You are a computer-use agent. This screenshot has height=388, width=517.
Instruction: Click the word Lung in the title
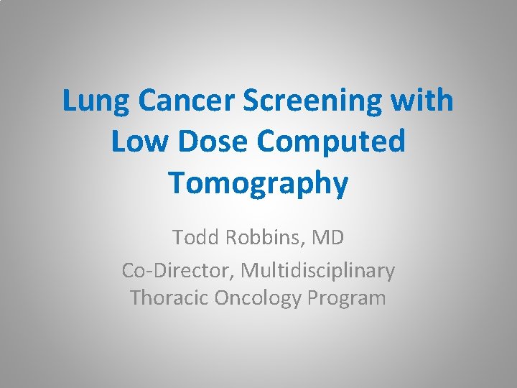[x=95, y=101]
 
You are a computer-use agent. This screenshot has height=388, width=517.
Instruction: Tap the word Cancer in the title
[x=183, y=101]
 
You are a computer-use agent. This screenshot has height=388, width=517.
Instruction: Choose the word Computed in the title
[x=332, y=142]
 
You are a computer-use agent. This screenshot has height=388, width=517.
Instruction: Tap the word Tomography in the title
[x=258, y=183]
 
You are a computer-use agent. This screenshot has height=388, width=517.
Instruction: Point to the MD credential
[x=328, y=238]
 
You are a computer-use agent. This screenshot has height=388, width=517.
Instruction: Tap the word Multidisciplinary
[x=317, y=270]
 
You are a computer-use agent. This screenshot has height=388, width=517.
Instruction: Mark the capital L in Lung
[x=70, y=101]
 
